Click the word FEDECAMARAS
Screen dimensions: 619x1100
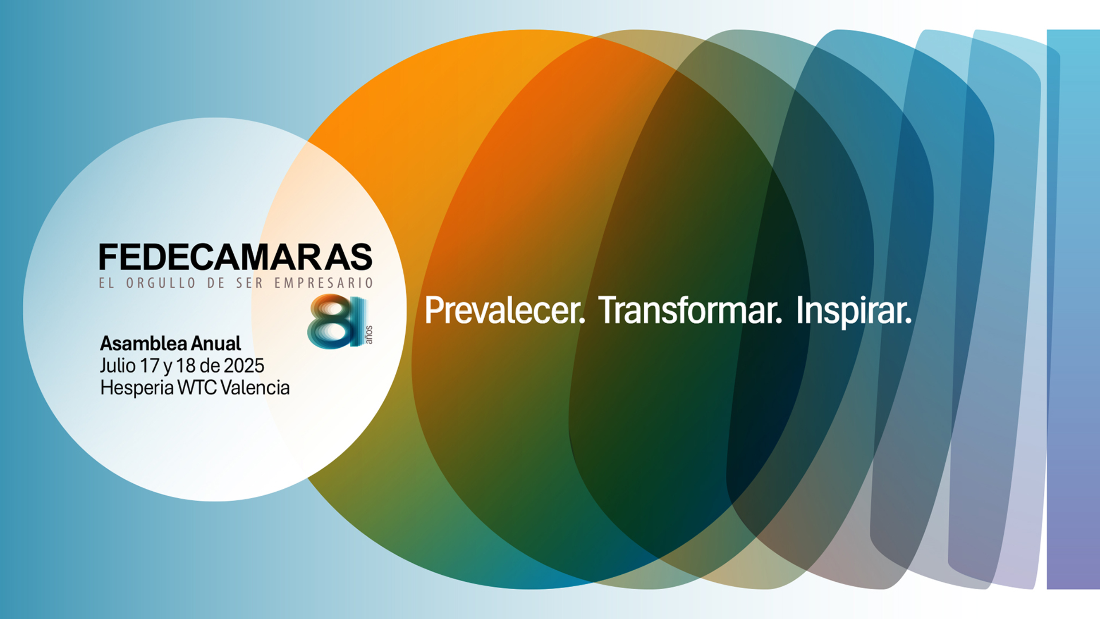[x=235, y=257]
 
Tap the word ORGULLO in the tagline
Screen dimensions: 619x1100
[x=161, y=283]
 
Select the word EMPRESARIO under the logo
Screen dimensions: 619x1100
[x=324, y=283]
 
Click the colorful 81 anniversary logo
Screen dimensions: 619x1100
[x=337, y=321]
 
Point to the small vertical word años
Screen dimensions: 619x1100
[x=369, y=334]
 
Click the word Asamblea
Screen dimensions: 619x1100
[x=143, y=343]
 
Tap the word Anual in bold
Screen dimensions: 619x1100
[x=216, y=343]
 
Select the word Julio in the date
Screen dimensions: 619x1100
[x=118, y=366]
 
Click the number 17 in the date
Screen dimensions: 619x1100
[x=150, y=366]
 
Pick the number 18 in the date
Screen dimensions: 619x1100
[x=186, y=366]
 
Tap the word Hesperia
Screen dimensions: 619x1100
[x=137, y=388]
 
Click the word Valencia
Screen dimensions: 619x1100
[x=255, y=388]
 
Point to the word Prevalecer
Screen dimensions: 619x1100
[x=504, y=310]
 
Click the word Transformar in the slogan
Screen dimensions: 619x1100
[x=690, y=310]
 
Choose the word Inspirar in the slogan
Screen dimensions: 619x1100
[x=853, y=310]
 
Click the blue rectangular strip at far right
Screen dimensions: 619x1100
[x=1073, y=309]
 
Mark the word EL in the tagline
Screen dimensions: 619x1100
[x=107, y=283]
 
